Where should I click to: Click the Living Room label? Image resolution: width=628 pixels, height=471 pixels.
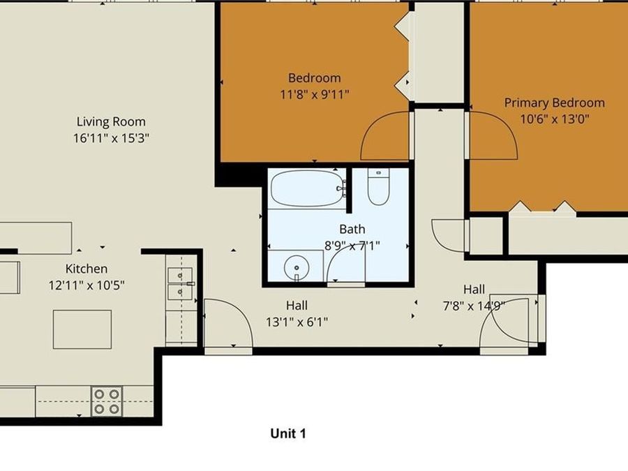coord(112,122)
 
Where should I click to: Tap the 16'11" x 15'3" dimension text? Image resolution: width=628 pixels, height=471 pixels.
coord(112,138)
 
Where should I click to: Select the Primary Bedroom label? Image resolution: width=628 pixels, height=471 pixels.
coord(555,103)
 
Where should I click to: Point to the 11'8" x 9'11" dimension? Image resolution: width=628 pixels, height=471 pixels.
coord(314,94)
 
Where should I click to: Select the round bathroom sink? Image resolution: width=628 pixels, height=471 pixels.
coord(297,266)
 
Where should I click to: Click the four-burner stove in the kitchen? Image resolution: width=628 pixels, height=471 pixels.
coord(107,401)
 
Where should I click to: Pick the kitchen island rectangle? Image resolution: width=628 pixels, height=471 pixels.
coord(82,329)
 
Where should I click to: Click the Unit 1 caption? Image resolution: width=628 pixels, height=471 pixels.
coord(288,433)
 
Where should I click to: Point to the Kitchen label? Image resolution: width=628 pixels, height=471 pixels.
coord(87,269)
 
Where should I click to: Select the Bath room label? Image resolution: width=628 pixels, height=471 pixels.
coord(352,229)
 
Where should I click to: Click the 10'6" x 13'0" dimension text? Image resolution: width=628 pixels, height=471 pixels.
coord(555,119)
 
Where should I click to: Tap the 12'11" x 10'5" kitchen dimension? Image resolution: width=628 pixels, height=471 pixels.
coord(87,285)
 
